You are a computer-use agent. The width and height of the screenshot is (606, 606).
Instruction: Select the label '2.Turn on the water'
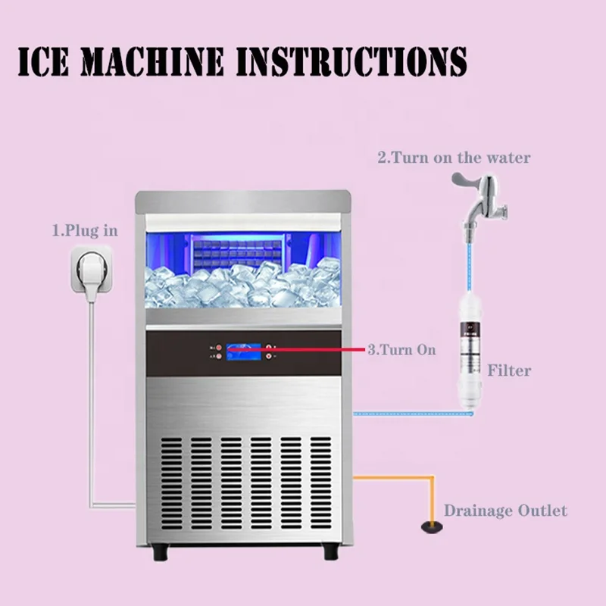click(454, 158)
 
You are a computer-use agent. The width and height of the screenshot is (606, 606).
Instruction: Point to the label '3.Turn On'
click(401, 351)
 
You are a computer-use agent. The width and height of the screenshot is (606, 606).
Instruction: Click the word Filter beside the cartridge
click(508, 370)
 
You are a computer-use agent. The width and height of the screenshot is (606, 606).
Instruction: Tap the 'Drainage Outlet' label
click(505, 511)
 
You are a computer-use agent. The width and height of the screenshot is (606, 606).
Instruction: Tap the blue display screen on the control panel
click(242, 351)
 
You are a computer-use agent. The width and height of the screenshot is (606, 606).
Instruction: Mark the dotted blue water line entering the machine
click(401, 414)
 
